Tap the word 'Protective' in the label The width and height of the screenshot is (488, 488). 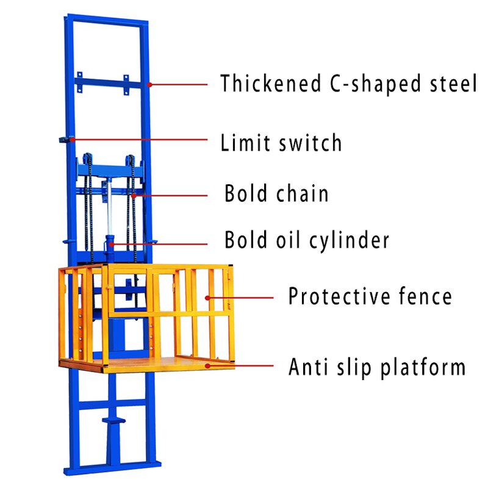point(339,297)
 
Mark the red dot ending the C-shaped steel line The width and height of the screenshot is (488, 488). point(149,84)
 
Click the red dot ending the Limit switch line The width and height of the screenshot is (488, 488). point(73,140)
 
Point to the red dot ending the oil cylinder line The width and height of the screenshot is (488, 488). point(112,243)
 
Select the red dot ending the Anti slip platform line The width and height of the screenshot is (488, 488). point(208,366)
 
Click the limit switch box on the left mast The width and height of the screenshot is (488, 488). point(65,140)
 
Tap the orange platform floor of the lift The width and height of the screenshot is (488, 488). point(159,364)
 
